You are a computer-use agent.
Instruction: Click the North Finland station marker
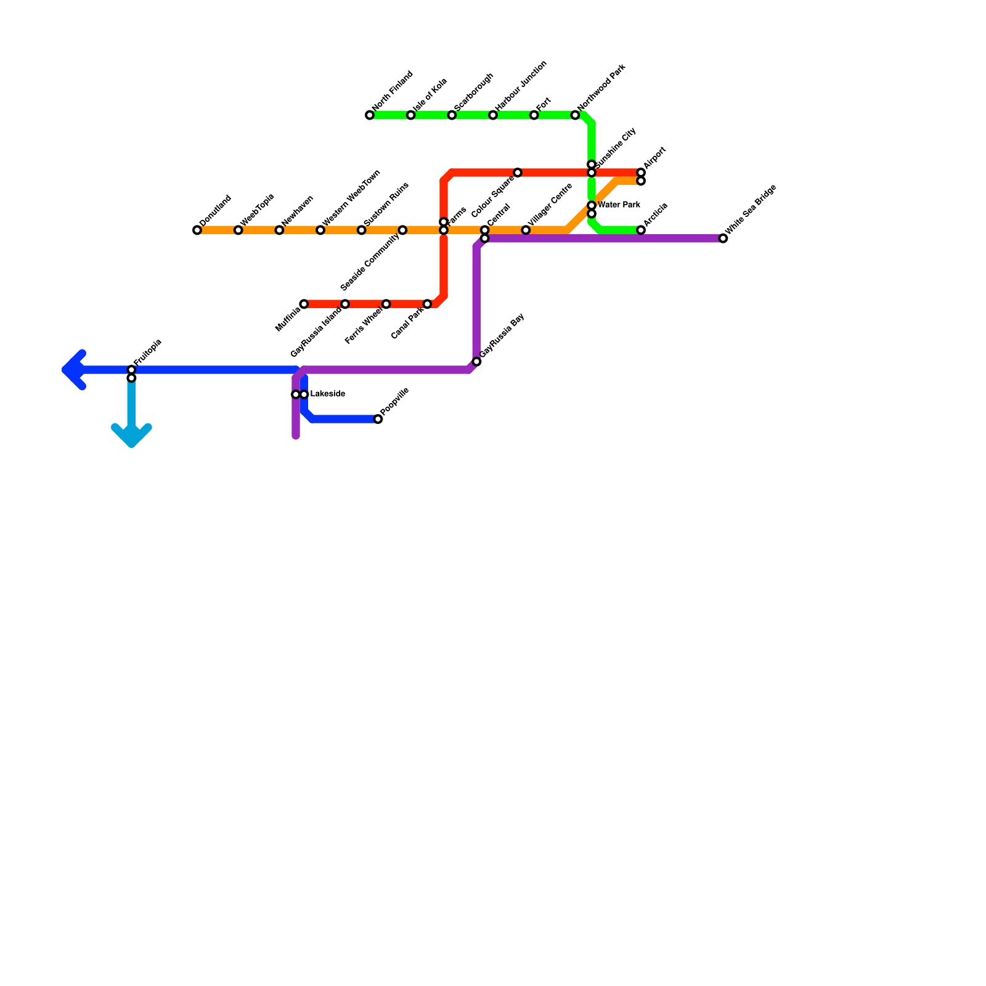tap(370, 115)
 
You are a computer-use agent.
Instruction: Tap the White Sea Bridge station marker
tap(723, 238)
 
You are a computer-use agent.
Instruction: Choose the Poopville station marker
tap(378, 419)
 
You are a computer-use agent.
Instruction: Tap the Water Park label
tap(619, 205)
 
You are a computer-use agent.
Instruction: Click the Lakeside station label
tap(327, 394)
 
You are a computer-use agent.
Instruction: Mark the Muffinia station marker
tap(304, 304)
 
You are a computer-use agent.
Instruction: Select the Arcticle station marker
tap(641, 230)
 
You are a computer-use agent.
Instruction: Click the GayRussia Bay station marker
tap(476, 361)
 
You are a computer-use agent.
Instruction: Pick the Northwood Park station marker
tap(575, 115)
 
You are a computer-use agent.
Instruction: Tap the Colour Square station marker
tap(518, 173)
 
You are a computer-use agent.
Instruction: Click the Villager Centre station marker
tap(526, 230)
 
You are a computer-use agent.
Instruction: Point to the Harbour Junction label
tap(521, 86)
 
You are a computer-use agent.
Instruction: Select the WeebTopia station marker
tap(238, 230)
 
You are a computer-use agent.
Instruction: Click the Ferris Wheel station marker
tap(386, 304)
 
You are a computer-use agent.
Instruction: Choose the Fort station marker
tap(534, 115)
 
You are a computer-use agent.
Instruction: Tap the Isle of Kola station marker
tap(410, 115)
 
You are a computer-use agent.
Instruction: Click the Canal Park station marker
tap(427, 304)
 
